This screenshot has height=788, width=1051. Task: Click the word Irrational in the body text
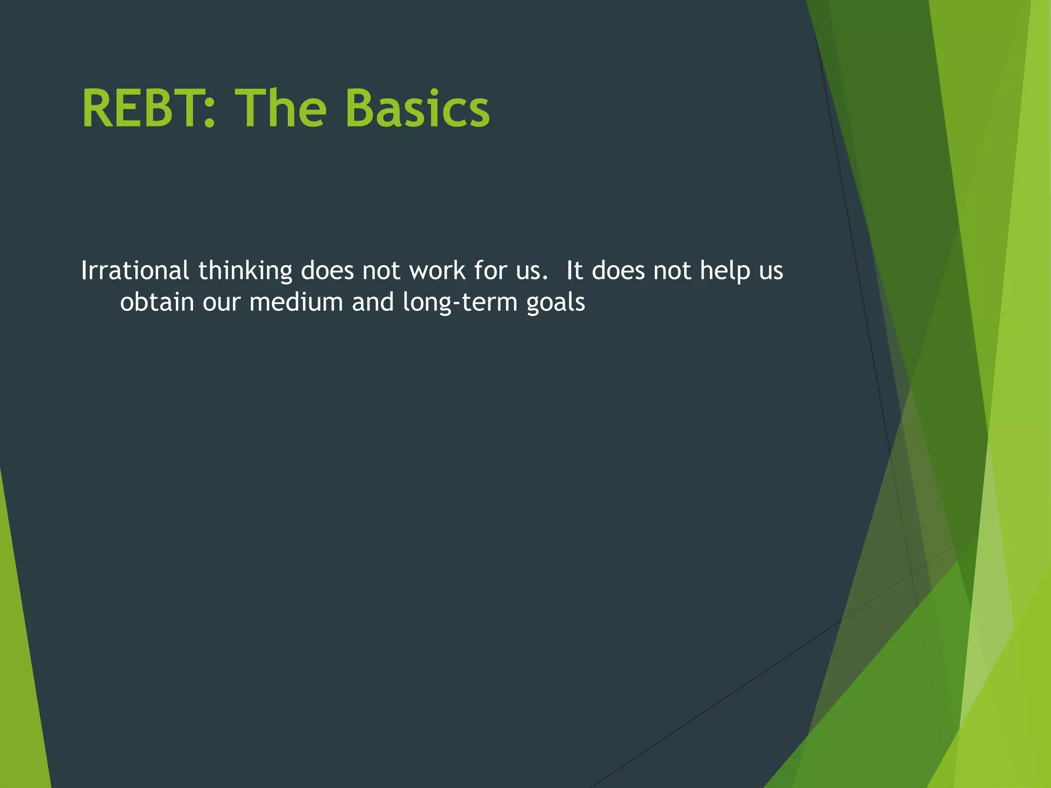tap(135, 270)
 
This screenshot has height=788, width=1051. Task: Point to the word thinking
tap(245, 271)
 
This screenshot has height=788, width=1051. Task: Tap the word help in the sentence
tap(725, 271)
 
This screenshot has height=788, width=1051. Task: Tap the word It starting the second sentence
tap(574, 270)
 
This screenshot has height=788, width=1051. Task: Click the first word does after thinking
tap(327, 270)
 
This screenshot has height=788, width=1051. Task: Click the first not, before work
tap(381, 270)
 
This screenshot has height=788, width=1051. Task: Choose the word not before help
tap(672, 270)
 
